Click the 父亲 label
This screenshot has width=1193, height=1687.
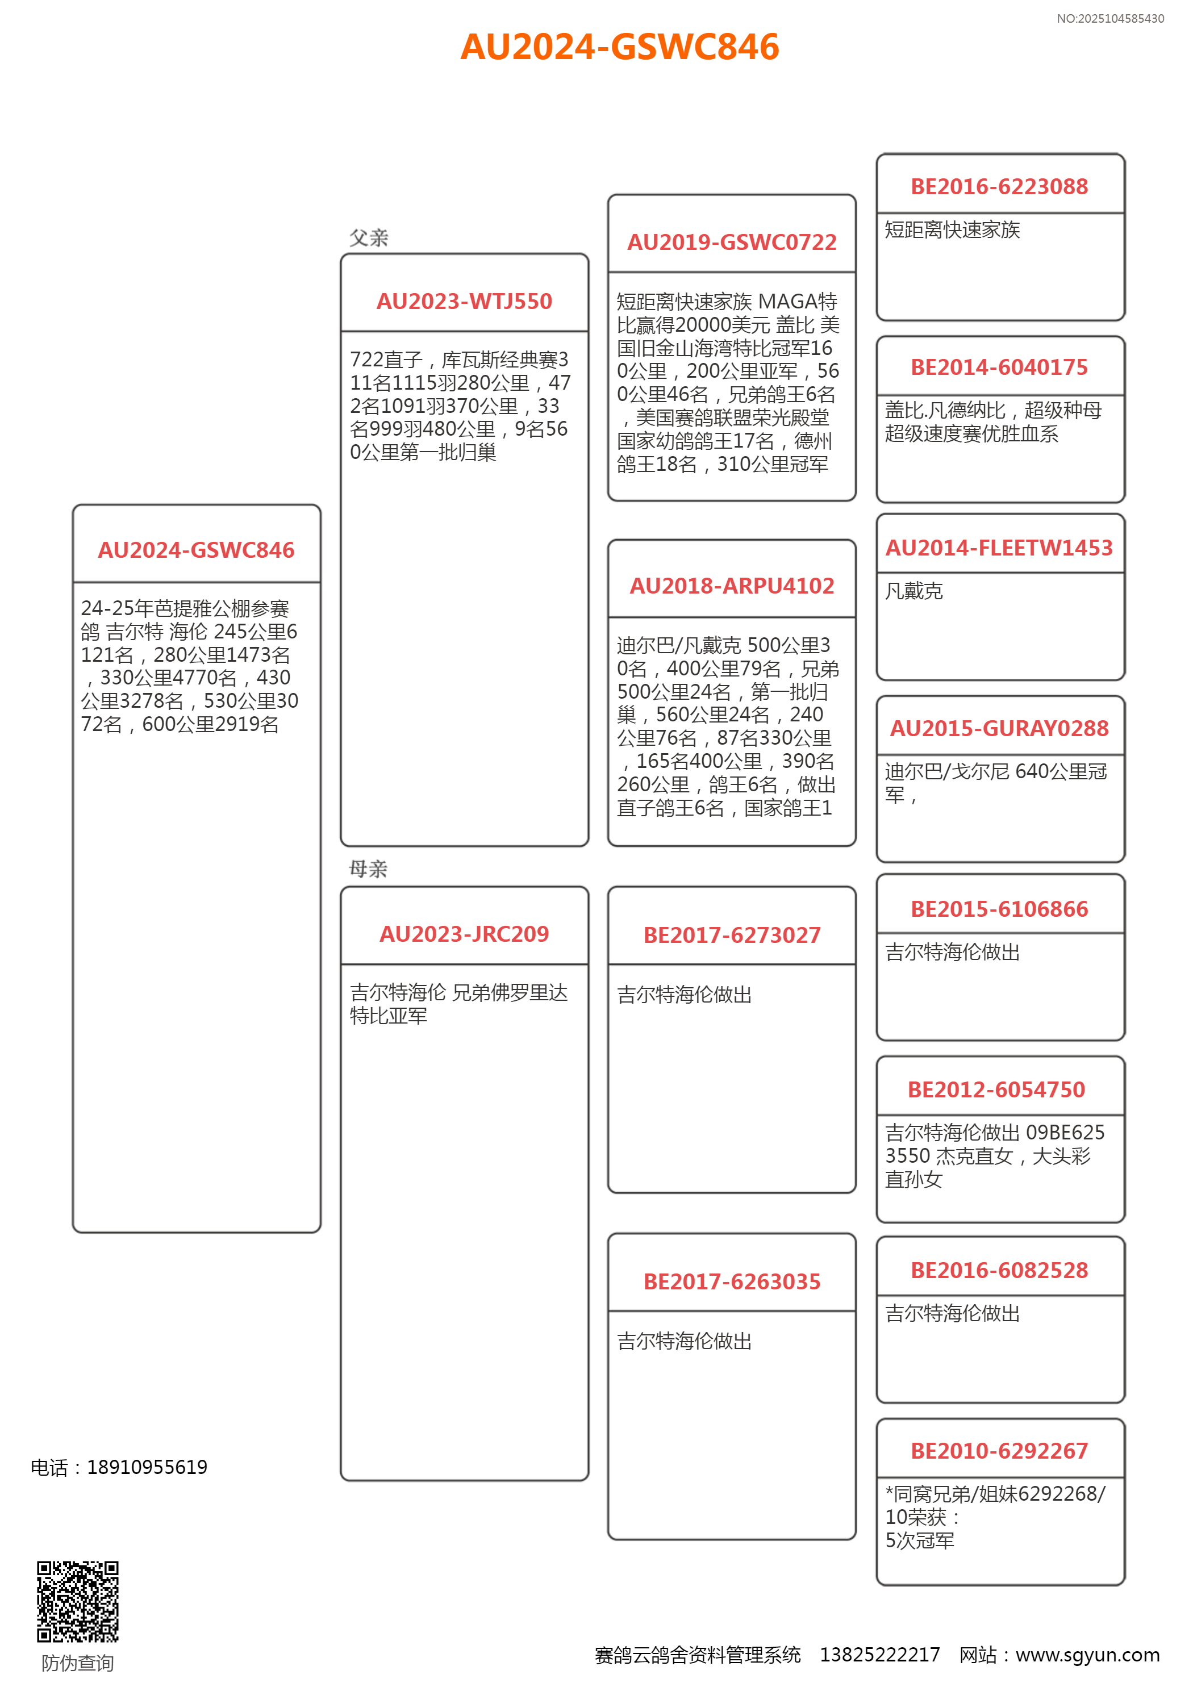point(368,238)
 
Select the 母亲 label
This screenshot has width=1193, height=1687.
point(368,869)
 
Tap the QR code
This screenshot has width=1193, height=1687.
point(78,1601)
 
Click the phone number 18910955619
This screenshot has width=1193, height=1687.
point(147,1467)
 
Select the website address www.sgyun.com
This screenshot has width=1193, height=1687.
point(1087,1655)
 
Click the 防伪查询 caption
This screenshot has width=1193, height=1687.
point(77,1663)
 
